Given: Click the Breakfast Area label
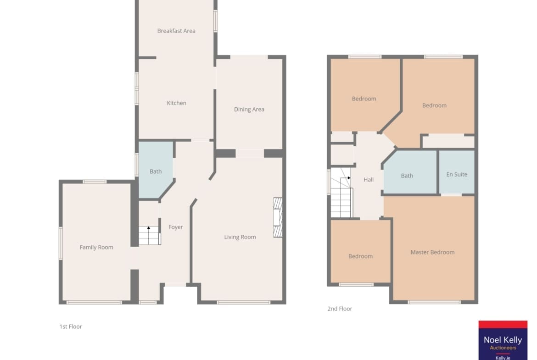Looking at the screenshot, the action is pos(176,31).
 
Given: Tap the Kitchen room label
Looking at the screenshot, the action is pos(176,103).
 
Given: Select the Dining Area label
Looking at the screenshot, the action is pos(249,110).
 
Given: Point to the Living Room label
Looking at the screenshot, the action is pos(240,237).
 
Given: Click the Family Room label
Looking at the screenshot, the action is pos(96,247).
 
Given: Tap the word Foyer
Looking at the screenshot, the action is pos(175,227).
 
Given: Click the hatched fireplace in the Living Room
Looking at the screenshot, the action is pos(278,217).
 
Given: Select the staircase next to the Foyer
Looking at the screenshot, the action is pos(150,235).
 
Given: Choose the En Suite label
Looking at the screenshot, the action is pos(457,175).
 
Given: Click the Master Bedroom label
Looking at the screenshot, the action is pos(432,252).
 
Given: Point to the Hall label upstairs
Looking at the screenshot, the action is pos(369,180).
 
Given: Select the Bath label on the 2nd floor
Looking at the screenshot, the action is pos(407,176).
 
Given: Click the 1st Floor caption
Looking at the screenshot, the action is pos(71,327).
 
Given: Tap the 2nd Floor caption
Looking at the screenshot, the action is pos(339,309).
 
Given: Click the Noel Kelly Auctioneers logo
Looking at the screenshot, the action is pos(503,340).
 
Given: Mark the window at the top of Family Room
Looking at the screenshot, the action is pos(95,182).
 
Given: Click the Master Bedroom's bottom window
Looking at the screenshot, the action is pos(434,302).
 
